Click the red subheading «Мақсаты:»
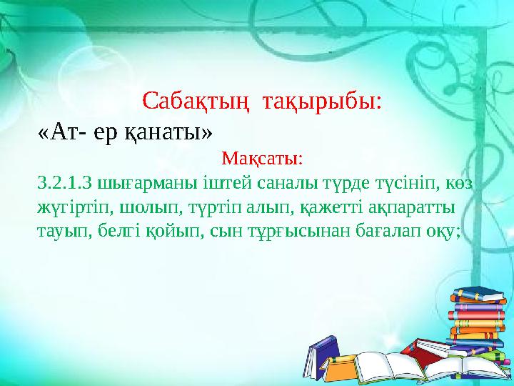click(x=262, y=157)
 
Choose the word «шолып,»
click(x=133, y=207)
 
